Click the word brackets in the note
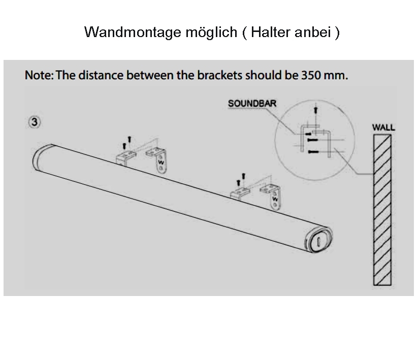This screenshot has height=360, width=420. [x=215, y=76]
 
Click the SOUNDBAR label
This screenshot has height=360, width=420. [x=252, y=103]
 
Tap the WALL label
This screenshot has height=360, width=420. [x=383, y=126]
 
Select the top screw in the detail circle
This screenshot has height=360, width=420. [x=316, y=109]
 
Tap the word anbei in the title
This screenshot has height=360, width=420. [x=316, y=32]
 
